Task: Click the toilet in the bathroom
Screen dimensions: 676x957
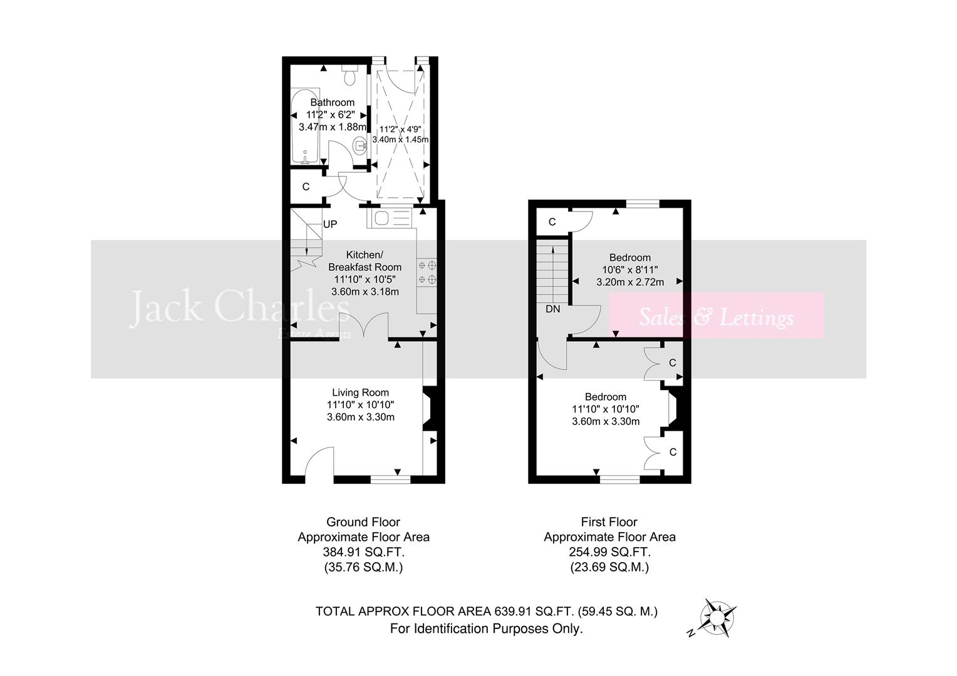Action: click(350, 76)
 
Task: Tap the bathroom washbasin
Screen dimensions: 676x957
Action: click(360, 146)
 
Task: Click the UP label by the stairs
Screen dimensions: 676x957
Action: click(330, 224)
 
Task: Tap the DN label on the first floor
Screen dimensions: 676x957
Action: click(552, 309)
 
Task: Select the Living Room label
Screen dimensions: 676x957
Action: click(360, 393)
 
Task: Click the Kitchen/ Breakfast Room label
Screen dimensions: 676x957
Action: click(365, 261)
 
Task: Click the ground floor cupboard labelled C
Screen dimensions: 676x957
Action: click(306, 187)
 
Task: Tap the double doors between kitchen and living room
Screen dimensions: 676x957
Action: click(364, 327)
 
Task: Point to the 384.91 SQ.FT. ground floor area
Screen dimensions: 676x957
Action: click(363, 552)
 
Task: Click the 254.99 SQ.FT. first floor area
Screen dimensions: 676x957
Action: click(609, 552)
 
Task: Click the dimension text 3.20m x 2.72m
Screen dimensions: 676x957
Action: click(630, 282)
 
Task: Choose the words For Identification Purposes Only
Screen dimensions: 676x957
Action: click(486, 628)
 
